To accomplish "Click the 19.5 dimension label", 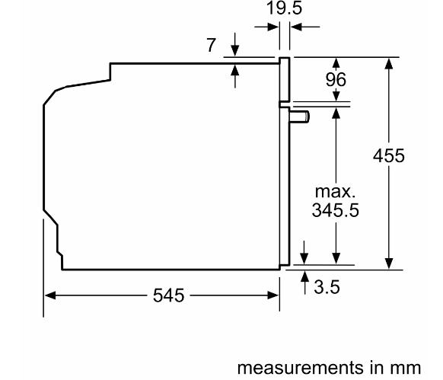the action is pyautogui.click(x=284, y=8).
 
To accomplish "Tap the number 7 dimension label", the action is pyautogui.click(x=211, y=45).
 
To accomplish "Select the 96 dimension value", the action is pyautogui.click(x=336, y=79).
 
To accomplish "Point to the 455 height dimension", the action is pyautogui.click(x=389, y=155).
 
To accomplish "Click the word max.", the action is pyautogui.click(x=335, y=192).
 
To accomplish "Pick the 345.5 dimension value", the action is pyautogui.click(x=336, y=210).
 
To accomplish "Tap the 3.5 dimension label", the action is pyautogui.click(x=327, y=287).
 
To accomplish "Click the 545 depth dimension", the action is pyautogui.click(x=169, y=295).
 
